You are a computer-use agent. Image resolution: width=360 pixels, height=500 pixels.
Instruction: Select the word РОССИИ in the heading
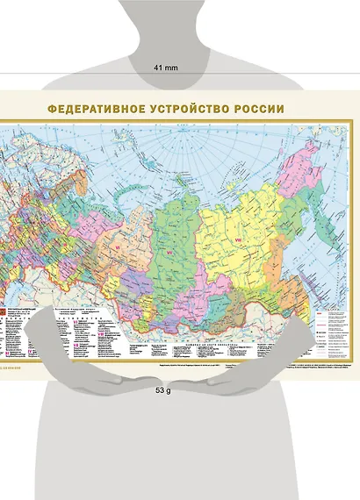pos(259,110)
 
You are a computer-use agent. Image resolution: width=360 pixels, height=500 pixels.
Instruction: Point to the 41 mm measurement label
pos(166,67)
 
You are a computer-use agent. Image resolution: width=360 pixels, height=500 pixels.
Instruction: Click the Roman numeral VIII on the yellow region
pos(235,242)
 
